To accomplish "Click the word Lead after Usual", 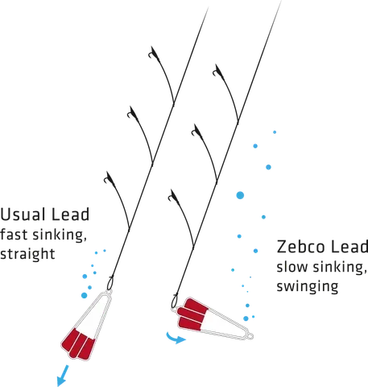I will click(68, 217).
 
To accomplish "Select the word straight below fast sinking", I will click(27, 255).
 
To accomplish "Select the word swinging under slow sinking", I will click(307, 286).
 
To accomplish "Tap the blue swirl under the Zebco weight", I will click(174, 339).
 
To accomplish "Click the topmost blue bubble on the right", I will click(275, 131).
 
